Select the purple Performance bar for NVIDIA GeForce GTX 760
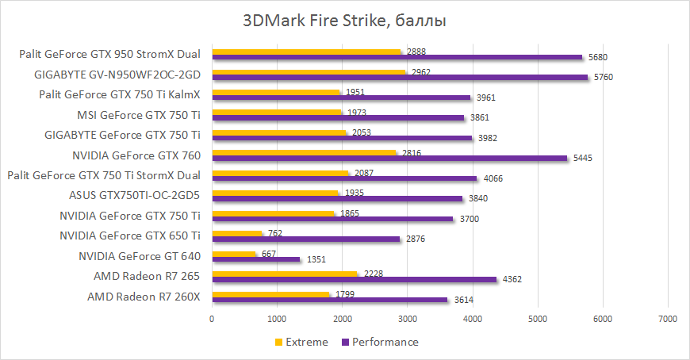click(389, 158)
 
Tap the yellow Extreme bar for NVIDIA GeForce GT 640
click(234, 253)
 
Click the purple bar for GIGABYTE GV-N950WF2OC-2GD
click(400, 77)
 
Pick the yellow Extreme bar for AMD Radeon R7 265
click(285, 273)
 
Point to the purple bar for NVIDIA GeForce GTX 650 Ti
click(306, 239)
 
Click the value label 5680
click(599, 57)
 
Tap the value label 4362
click(512, 279)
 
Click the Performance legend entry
click(380, 342)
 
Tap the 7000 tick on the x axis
click(667, 319)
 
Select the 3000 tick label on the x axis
click(407, 319)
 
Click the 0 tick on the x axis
click(212, 319)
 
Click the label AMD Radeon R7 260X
click(144, 297)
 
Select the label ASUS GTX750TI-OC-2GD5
click(135, 195)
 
